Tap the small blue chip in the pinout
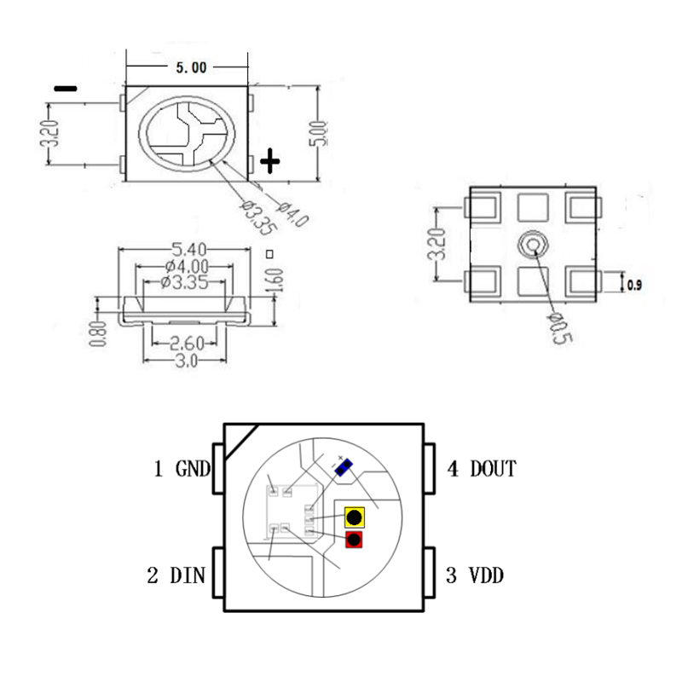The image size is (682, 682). pos(343,466)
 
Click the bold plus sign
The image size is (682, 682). pos(269,161)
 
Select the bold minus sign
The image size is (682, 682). pos(65,88)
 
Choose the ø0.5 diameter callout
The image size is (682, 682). pos(561,326)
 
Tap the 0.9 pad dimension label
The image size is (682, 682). pos(635,286)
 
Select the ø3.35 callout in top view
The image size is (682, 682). pos(256,215)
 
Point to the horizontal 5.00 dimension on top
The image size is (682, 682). pos(190,68)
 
